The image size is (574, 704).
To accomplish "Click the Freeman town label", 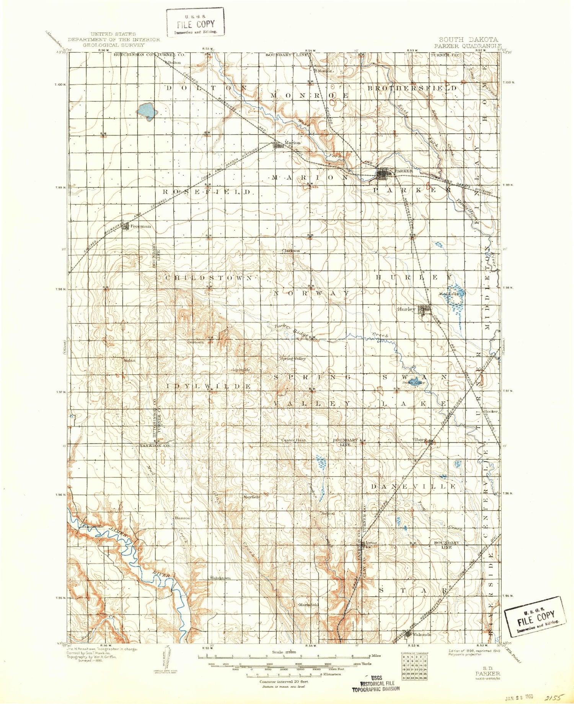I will (140, 226).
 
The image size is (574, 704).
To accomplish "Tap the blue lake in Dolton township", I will (147, 111).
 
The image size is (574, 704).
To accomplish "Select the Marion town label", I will (292, 143).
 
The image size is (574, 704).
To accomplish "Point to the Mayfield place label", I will (251, 497).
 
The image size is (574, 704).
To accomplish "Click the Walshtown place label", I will (220, 578).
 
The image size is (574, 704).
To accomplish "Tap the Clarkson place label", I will (291, 251).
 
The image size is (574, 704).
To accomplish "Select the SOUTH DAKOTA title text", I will (468, 39).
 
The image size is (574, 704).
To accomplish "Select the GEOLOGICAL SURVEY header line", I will (114, 45).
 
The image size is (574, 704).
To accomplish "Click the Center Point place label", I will (294, 440).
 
